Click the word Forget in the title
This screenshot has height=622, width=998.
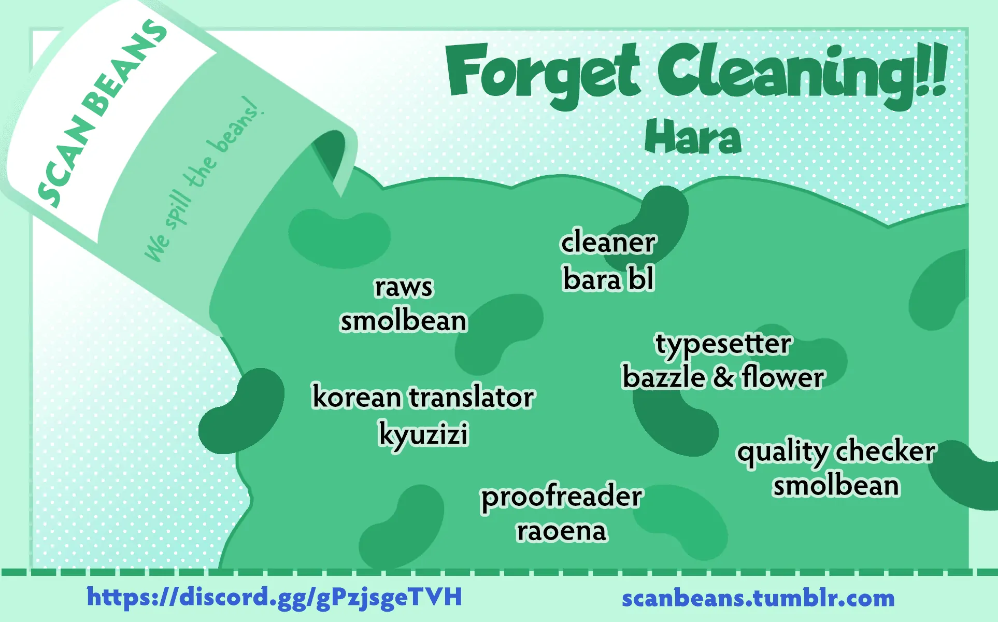pyautogui.click(x=543, y=73)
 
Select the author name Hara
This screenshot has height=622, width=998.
pyautogui.click(x=693, y=137)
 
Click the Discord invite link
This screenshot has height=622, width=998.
pyautogui.click(x=274, y=597)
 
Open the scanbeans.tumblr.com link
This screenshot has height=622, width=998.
pyautogui.click(x=758, y=598)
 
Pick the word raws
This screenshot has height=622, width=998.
pyautogui.click(x=403, y=287)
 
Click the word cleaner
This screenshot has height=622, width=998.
pyautogui.click(x=608, y=242)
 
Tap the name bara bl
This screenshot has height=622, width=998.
pyautogui.click(x=608, y=279)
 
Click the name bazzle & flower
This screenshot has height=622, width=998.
pyautogui.click(x=723, y=377)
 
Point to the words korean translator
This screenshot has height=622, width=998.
pyautogui.click(x=423, y=397)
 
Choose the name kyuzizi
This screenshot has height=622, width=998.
pyautogui.click(x=423, y=434)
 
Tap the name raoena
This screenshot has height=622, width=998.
pyautogui.click(x=562, y=531)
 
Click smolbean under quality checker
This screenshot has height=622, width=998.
pyautogui.click(x=836, y=486)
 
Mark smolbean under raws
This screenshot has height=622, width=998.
pyautogui.click(x=404, y=321)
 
